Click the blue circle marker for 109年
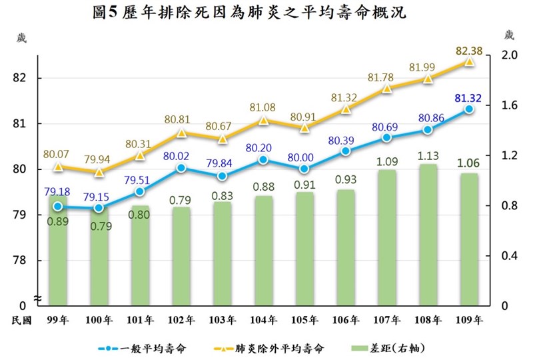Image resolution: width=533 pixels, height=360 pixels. point(469,109)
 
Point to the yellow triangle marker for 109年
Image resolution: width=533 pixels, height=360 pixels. point(469,61)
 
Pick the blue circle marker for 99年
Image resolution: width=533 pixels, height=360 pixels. point(58,207)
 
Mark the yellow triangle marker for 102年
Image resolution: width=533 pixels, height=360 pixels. point(181,133)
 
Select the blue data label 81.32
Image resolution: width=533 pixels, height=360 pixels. point(468,98)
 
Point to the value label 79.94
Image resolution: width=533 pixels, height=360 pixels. point(99,160)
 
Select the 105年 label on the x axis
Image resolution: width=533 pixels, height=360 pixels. point(304,320)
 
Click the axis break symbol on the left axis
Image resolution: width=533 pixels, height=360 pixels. point(38,297)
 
